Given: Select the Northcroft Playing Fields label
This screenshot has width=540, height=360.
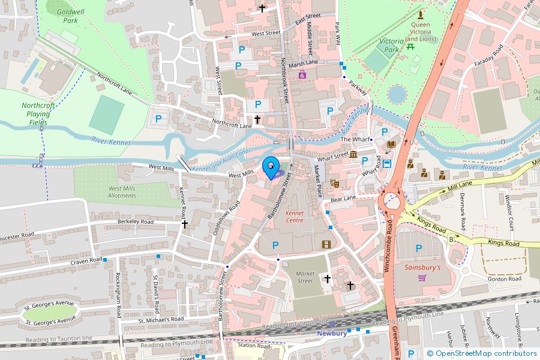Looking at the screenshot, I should (x=38, y=113).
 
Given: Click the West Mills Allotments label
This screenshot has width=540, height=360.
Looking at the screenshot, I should (x=122, y=192).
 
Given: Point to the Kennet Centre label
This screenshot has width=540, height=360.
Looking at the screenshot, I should (x=294, y=216).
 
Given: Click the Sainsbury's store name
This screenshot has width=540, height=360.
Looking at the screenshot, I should (x=422, y=268).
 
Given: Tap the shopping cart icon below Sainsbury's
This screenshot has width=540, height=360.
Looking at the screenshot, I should (x=422, y=278).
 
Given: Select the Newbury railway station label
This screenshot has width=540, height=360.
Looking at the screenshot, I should (x=332, y=333).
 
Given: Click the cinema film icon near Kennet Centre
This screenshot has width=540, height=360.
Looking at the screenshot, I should (x=326, y=244).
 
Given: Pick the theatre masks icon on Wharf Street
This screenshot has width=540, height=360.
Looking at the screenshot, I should (x=334, y=182).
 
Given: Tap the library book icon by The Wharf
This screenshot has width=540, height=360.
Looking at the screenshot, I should (x=391, y=145).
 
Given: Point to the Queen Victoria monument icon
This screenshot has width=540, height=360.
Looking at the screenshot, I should (x=421, y=14).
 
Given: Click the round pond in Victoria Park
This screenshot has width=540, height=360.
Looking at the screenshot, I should (x=397, y=94).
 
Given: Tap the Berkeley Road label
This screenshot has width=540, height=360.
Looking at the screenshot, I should (x=135, y=221).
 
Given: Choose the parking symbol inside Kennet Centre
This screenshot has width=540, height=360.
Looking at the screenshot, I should (x=275, y=245).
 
